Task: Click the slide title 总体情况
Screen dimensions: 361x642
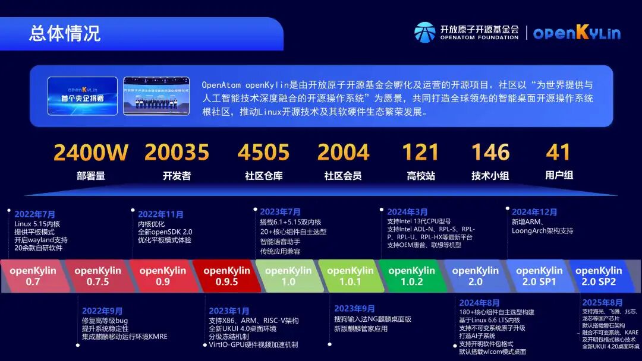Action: tap(65, 33)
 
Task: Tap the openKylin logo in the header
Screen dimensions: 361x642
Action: tap(576, 33)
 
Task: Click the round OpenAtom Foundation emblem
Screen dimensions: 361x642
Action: tap(424, 33)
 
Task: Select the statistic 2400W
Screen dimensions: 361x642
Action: tap(91, 153)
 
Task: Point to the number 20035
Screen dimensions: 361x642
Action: tap(177, 153)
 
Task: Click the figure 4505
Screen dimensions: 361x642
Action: tap(263, 153)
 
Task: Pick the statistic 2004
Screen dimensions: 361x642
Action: tap(343, 153)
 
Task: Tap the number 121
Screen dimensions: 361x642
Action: tap(420, 153)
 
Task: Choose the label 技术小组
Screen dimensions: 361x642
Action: tap(490, 176)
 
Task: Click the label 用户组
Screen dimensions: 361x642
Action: tap(559, 176)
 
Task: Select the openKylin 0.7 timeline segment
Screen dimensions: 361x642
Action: tap(33, 276)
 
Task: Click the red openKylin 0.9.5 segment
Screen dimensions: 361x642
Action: tap(226, 276)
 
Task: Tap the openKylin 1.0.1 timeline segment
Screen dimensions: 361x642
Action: tap(350, 276)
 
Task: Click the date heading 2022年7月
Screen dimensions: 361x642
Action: tap(35, 214)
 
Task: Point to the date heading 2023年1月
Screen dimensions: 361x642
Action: tap(229, 311)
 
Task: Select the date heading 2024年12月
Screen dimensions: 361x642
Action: tap(534, 212)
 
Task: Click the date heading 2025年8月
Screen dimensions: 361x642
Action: tap(602, 303)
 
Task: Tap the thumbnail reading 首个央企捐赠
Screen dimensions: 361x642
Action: tap(83, 96)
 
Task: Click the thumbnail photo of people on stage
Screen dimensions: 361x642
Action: tap(156, 96)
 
